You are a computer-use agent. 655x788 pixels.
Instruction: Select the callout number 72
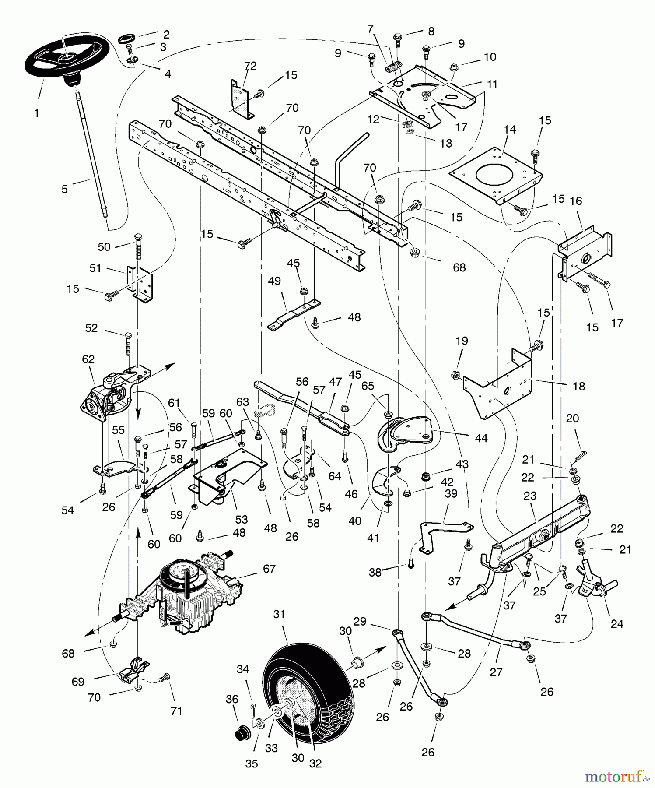click(250, 67)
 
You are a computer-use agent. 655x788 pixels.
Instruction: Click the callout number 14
click(510, 130)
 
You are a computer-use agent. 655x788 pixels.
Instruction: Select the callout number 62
click(88, 359)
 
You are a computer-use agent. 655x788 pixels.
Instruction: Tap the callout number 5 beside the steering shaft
click(65, 189)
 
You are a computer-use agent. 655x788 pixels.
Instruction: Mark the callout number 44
click(481, 438)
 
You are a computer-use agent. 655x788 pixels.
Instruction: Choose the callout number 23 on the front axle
click(530, 496)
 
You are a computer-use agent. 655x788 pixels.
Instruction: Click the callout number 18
click(578, 386)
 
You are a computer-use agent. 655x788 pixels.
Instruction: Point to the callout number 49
click(274, 281)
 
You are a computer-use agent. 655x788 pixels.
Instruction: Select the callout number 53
click(242, 520)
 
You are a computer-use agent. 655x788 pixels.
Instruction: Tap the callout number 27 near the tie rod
click(496, 672)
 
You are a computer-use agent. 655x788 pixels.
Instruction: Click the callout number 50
click(104, 247)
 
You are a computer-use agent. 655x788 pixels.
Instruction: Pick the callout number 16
click(576, 201)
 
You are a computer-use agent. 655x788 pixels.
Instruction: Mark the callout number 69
click(78, 682)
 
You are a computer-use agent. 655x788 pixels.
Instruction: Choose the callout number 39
click(451, 493)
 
